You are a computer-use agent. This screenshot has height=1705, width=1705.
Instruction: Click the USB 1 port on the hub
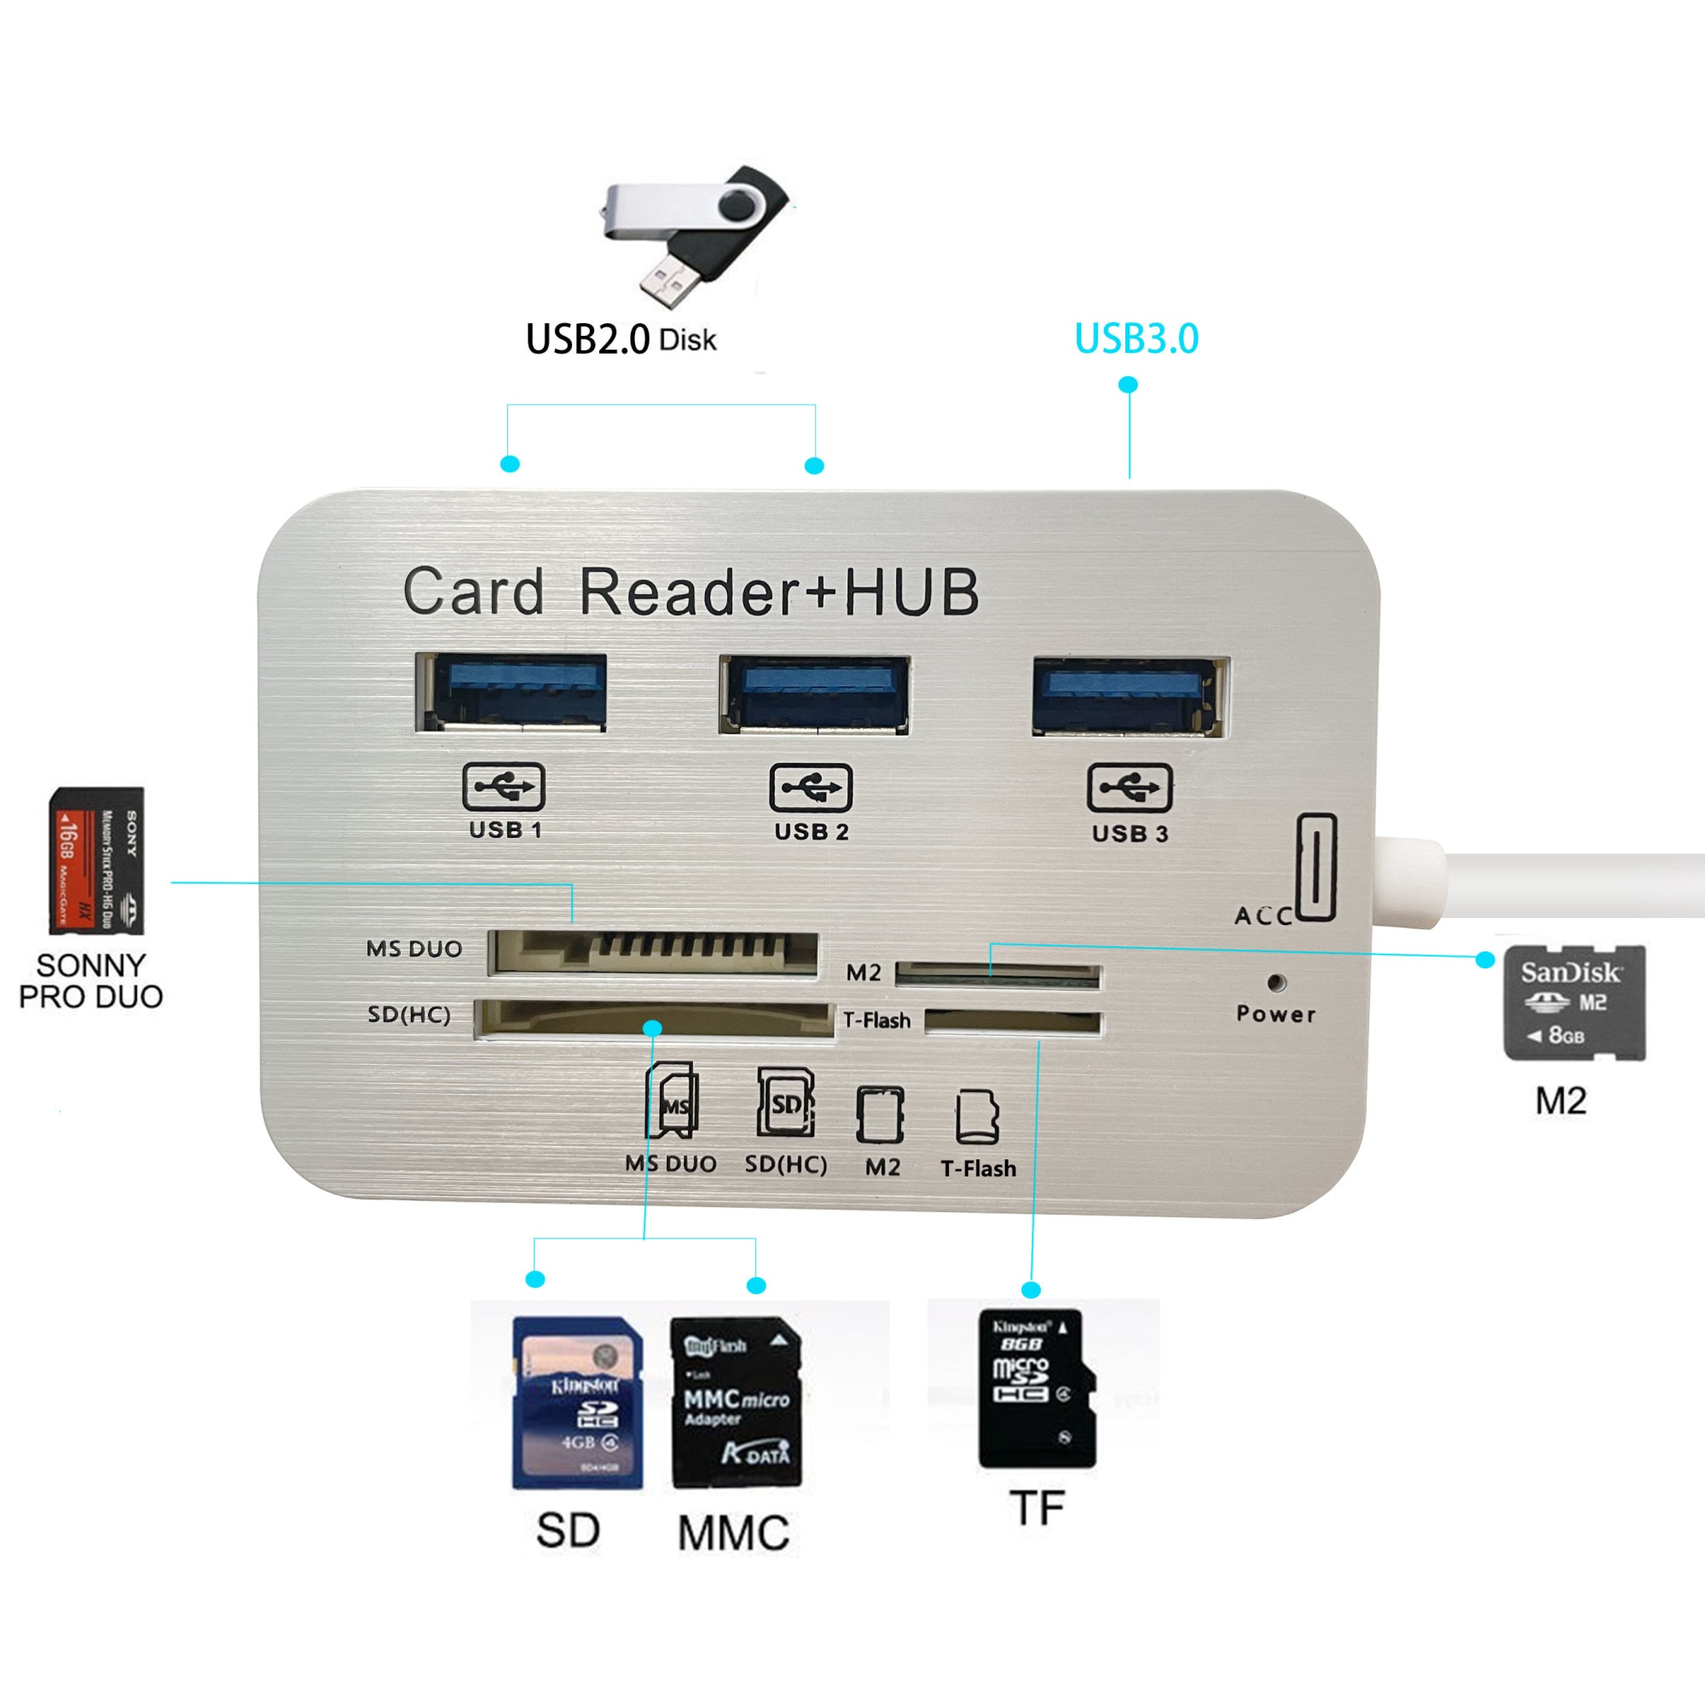click(x=510, y=693)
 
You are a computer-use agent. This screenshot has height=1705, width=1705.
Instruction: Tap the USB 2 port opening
click(x=813, y=695)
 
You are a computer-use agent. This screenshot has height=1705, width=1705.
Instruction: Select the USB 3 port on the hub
click(x=1130, y=696)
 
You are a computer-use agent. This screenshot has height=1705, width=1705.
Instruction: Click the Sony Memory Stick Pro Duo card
click(x=96, y=860)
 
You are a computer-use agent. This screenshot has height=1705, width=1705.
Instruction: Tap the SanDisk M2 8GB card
click(x=1574, y=1003)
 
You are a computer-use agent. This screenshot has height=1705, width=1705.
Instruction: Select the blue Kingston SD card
click(x=577, y=1403)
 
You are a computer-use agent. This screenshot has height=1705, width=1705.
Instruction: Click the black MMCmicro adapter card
click(x=736, y=1403)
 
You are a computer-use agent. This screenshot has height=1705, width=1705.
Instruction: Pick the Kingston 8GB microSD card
click(x=1036, y=1389)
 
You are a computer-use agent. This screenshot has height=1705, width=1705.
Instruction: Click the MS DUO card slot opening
click(x=653, y=954)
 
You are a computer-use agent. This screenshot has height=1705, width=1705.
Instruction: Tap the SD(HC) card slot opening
click(x=653, y=1020)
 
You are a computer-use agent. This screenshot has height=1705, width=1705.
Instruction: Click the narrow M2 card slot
click(x=998, y=974)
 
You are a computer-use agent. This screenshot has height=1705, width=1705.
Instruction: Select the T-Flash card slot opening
click(x=1012, y=1023)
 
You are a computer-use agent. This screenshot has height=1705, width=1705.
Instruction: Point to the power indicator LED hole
click(x=1275, y=981)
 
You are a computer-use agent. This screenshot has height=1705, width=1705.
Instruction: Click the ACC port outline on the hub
click(x=1315, y=868)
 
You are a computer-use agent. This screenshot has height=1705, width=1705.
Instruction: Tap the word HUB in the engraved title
click(x=911, y=592)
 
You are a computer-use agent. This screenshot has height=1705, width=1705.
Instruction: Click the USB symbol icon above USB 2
click(x=810, y=787)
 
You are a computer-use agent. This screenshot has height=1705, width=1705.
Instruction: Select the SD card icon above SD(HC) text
click(x=785, y=1104)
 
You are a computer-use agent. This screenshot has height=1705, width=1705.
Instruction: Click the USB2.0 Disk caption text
click(x=621, y=340)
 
